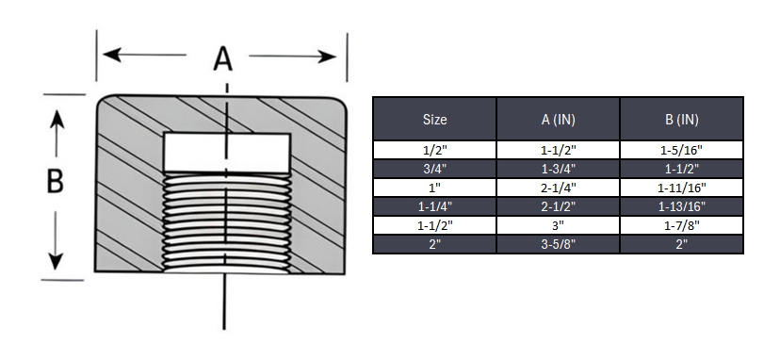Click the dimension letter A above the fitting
[x=222, y=58]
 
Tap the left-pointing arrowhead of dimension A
[x=111, y=55]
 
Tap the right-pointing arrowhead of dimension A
[x=329, y=56]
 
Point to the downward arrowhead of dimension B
[x=57, y=258]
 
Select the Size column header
[x=434, y=120]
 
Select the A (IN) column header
[x=558, y=120]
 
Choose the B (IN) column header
[x=681, y=120]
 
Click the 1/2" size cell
[x=434, y=150]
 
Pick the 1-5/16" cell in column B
[x=681, y=150]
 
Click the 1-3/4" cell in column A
[x=558, y=169]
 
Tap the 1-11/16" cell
[x=681, y=188]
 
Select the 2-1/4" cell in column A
[x=558, y=188]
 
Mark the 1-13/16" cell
[x=681, y=206]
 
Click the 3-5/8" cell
[x=558, y=244]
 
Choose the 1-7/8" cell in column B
[x=681, y=225]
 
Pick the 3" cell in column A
[x=558, y=225]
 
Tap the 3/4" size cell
[x=434, y=169]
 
